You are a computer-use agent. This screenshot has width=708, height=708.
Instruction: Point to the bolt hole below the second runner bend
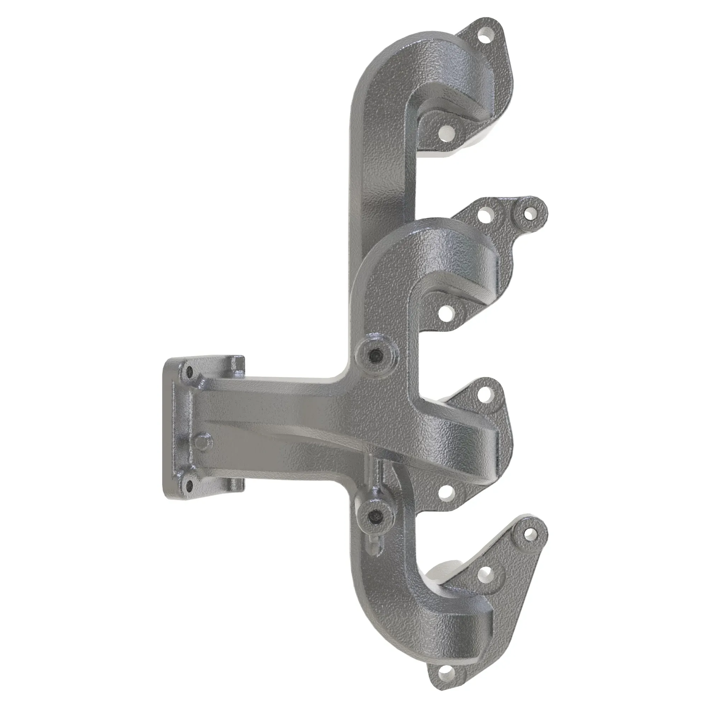point(446,313)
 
